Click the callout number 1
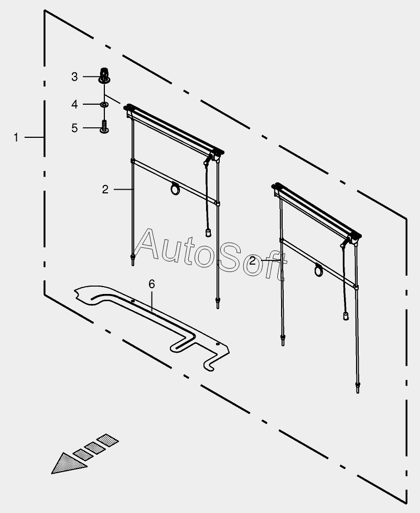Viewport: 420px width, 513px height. pyautogui.click(x=16, y=137)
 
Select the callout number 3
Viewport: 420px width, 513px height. pyautogui.click(x=74, y=77)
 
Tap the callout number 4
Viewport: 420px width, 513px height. pyautogui.click(x=74, y=105)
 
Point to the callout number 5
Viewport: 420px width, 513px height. pyautogui.click(x=74, y=128)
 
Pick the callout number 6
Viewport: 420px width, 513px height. pyautogui.click(x=152, y=284)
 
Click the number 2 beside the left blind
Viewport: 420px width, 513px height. pyautogui.click(x=105, y=189)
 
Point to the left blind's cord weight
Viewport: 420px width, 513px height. pyautogui.click(x=208, y=232)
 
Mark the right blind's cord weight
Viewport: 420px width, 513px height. pyautogui.click(x=346, y=315)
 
